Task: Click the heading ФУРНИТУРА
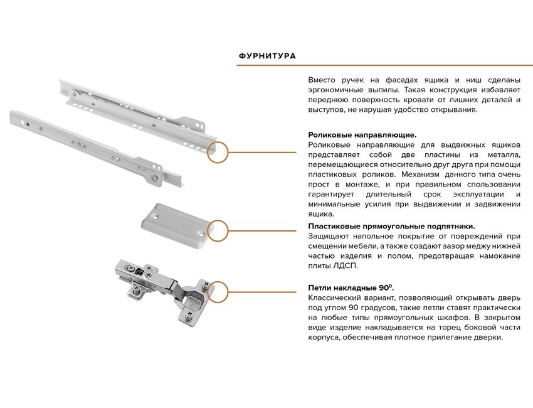coord(267,56)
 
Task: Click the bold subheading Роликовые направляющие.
coord(362,135)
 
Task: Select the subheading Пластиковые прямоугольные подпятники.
coord(391,227)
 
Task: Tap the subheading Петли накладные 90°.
coord(351,287)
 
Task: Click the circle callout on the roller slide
coord(218,152)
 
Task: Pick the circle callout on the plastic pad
coord(218,231)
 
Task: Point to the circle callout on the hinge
coord(218,293)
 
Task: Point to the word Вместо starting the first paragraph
coord(322,80)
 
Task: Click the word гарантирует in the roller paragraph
coord(330,195)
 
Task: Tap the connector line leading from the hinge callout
coord(262,292)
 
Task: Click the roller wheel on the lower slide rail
coord(156,178)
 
